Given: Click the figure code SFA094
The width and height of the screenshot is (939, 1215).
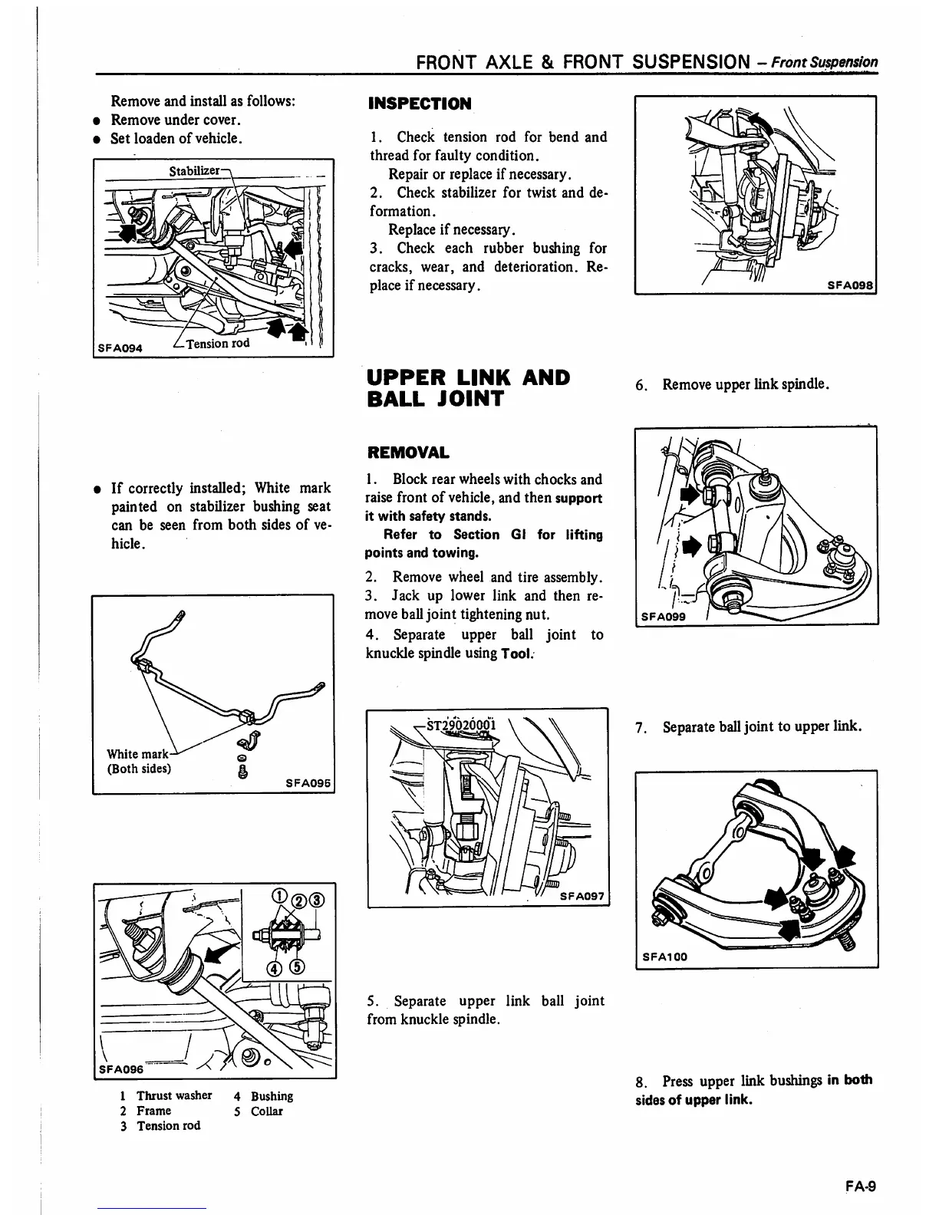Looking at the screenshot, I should tap(118, 347).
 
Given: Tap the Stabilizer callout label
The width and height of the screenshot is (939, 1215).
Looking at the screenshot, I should tap(194, 170).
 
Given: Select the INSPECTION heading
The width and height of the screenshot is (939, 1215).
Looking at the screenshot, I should tap(420, 104).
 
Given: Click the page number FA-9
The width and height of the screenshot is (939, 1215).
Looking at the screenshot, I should tap(861, 1187).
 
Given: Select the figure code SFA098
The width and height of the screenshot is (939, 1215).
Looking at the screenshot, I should tap(851, 285).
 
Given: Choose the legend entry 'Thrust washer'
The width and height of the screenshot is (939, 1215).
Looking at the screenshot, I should tap(174, 1095).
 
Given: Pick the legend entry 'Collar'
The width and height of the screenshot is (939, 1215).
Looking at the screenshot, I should tap(266, 1111).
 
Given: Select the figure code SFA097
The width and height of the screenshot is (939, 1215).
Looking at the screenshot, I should tap(582, 895).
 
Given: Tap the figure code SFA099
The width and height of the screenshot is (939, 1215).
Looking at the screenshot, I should tap(664, 615).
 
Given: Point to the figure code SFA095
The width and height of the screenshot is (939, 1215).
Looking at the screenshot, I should tap(308, 784).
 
